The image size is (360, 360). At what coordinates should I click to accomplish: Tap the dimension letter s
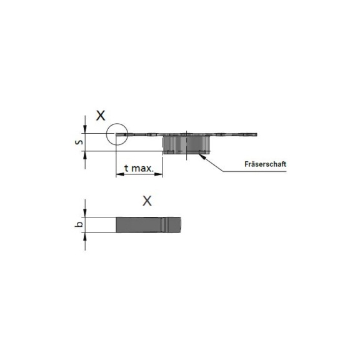77,142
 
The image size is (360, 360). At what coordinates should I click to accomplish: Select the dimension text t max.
139,168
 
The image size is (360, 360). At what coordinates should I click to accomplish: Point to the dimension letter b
77,224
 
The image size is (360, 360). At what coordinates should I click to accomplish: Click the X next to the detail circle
100,115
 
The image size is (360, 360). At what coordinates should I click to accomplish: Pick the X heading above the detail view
147,201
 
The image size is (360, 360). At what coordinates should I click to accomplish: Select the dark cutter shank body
187,145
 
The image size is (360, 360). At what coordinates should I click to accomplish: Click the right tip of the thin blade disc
256,134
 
